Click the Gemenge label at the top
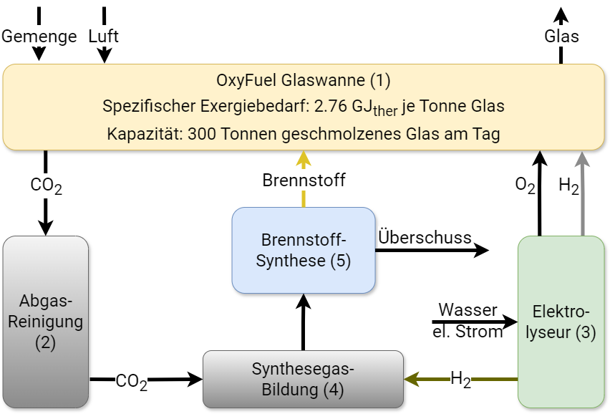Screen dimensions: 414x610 pyautogui.click(x=39, y=37)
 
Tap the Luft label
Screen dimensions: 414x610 pyautogui.click(x=103, y=37)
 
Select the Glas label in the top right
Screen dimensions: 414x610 pyautogui.click(x=561, y=37)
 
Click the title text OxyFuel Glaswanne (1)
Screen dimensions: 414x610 pyautogui.click(x=304, y=80)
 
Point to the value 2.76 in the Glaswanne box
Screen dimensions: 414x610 pyautogui.click(x=331, y=107)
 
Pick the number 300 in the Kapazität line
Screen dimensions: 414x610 pyautogui.click(x=200, y=134)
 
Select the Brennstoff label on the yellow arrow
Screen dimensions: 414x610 pyautogui.click(x=304, y=180)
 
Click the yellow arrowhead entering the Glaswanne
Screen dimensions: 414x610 pyautogui.click(x=304, y=157)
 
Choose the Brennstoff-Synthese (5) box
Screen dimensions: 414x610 pyautogui.click(x=304, y=250)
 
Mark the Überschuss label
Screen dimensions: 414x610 pyautogui.click(x=425, y=237)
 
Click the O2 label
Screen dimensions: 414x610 pyautogui.click(x=525, y=186)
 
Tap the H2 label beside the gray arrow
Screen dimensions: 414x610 pyautogui.click(x=568, y=186)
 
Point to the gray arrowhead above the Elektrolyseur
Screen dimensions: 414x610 pyautogui.click(x=583, y=157)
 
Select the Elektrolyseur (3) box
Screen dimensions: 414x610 pyautogui.click(x=561, y=322)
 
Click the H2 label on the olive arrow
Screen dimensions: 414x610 pyautogui.click(x=460, y=378)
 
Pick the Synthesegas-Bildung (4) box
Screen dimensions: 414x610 pyautogui.click(x=304, y=380)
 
